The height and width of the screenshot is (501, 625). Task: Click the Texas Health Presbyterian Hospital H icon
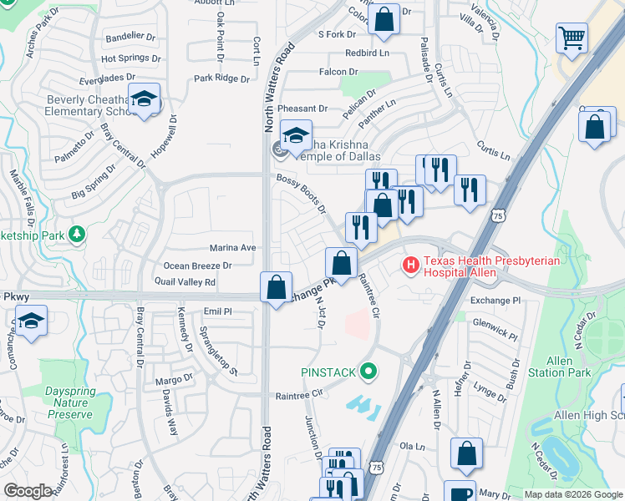(x=410, y=266)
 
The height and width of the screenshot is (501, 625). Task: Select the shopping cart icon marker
(x=572, y=38)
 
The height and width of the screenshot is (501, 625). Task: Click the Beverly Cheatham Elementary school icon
(x=145, y=99)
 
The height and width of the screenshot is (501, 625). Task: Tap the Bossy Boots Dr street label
(x=301, y=191)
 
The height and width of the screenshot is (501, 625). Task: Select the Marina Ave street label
(x=232, y=248)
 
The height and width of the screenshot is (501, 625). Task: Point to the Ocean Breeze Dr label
(x=197, y=266)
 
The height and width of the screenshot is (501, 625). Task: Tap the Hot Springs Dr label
(x=130, y=58)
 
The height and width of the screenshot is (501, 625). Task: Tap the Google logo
(x=28, y=491)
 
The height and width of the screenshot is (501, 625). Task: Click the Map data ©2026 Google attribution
(x=572, y=494)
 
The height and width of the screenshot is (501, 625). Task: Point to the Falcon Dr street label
(x=338, y=73)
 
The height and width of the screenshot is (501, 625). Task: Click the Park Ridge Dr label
(x=221, y=78)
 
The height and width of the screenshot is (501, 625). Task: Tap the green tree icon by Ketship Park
(x=78, y=233)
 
